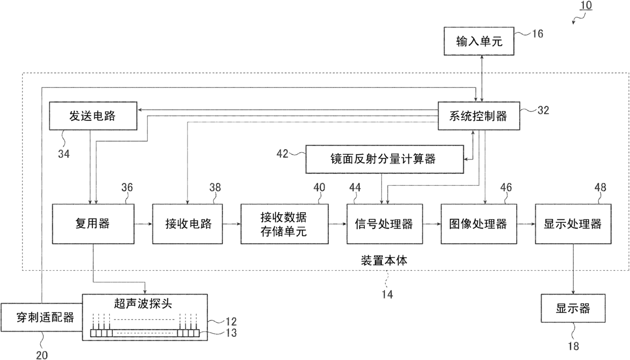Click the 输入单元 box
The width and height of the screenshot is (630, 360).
coord(478,42)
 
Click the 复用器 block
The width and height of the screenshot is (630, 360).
coord(92,223)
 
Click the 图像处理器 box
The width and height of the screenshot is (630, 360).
coord(479,223)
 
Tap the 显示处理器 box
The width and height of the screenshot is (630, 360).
coord(573,223)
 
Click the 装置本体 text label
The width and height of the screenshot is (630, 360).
coord(384,261)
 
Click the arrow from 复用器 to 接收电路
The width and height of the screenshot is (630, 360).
coord(143,223)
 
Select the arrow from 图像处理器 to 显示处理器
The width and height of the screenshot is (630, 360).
coord(526,223)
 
